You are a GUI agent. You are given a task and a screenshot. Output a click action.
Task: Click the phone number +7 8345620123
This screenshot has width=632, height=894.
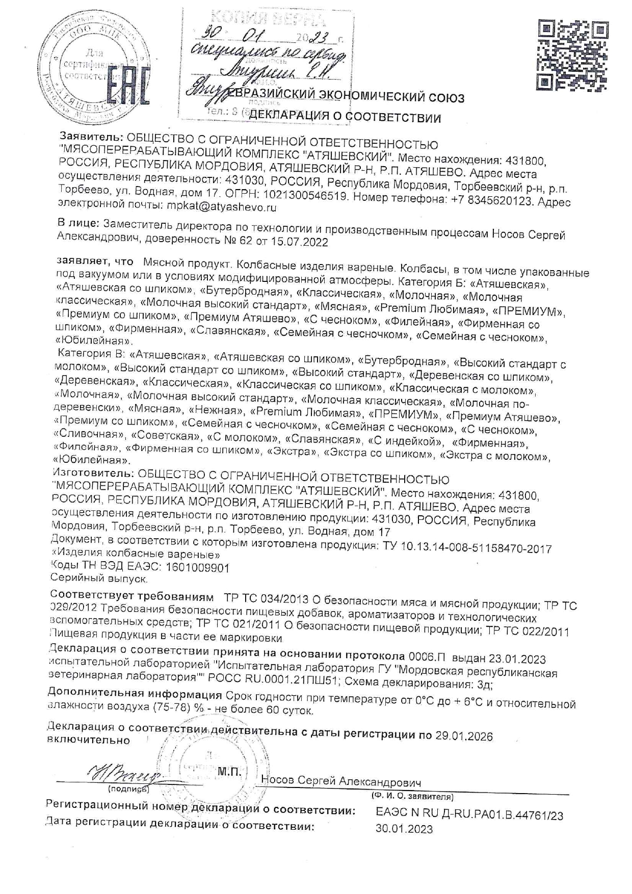point(492,200)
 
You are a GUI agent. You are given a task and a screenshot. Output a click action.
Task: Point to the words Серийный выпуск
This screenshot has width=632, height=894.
point(99,579)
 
